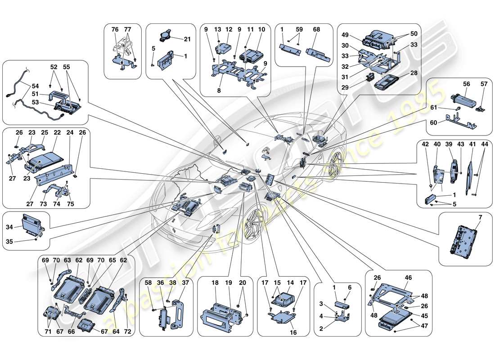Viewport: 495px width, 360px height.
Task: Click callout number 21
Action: coord(187,40)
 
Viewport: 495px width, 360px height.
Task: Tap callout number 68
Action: coord(316,30)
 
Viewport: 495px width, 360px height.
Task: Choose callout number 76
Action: coord(115,30)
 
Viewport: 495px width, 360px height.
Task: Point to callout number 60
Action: coord(434,122)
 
